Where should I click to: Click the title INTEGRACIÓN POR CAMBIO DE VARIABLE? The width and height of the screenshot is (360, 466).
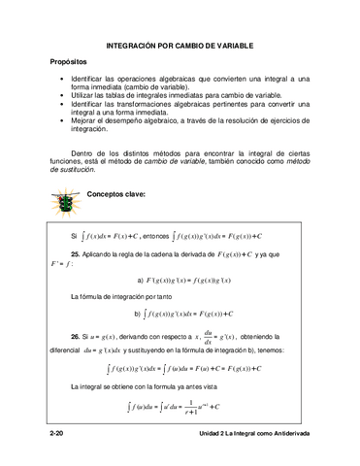pos(180,46)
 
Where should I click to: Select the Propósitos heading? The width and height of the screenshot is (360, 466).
pos(75,62)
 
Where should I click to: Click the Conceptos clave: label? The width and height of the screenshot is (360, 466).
pos(115,194)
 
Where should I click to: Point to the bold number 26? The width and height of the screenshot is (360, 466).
pos(76,332)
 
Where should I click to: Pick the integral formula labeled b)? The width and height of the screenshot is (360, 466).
pos(184,314)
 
